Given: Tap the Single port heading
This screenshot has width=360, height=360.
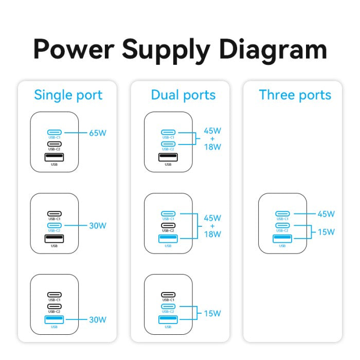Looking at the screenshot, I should click(68, 95).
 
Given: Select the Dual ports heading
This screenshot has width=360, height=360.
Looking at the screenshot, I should click(183, 95).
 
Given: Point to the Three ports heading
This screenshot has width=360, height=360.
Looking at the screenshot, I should click(295, 95).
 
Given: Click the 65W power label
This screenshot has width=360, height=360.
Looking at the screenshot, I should click(97, 133).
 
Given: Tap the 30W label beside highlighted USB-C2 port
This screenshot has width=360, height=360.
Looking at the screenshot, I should click(97, 225).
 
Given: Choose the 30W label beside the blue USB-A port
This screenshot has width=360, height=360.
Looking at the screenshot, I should click(97, 320).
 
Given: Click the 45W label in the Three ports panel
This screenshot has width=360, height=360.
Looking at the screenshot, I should click(326, 214).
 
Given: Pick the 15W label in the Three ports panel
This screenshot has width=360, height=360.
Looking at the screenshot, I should click(326, 232).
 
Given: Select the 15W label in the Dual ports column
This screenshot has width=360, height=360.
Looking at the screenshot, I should click(212, 313).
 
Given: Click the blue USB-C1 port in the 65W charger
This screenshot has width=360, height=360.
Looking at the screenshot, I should click(54, 132).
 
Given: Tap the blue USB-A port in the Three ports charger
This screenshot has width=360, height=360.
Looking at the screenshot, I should click(282, 238).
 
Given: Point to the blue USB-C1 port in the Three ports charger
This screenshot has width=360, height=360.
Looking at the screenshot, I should click(282, 213).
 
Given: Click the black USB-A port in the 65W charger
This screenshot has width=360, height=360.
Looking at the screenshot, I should click(54, 156).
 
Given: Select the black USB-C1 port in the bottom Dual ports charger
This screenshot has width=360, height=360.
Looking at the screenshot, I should click(168, 295).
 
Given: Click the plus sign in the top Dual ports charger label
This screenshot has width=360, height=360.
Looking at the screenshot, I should click(212, 139).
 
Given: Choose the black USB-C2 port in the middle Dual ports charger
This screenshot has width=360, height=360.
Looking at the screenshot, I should click(168, 225).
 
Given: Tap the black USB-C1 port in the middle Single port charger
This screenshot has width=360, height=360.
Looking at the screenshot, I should click(54, 213).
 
